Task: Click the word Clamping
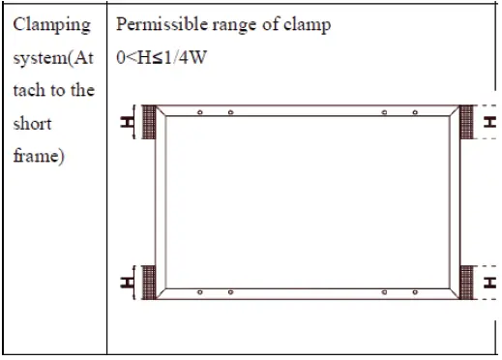click(x=53, y=24)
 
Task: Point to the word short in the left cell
click(x=33, y=123)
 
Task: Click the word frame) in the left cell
click(x=39, y=155)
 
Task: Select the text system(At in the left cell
click(x=53, y=57)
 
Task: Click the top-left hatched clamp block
click(x=148, y=123)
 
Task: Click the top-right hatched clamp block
click(x=465, y=123)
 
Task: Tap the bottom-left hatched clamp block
click(x=148, y=283)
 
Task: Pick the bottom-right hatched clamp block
click(x=465, y=283)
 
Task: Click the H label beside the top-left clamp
click(x=126, y=123)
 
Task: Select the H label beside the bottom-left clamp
click(x=126, y=283)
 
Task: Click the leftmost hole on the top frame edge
click(x=199, y=112)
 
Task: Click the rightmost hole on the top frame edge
click(x=416, y=112)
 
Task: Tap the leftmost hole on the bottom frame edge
click(x=199, y=293)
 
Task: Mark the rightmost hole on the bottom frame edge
click(x=416, y=293)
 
